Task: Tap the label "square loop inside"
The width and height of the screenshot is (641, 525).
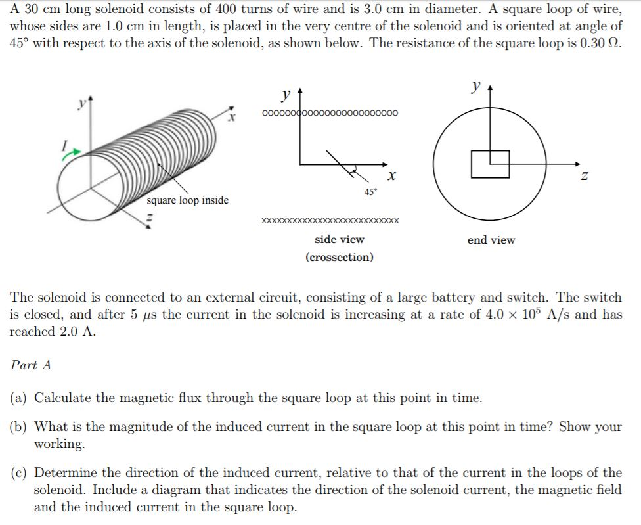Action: pos(188,200)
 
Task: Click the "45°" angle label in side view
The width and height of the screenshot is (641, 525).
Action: pos(370,193)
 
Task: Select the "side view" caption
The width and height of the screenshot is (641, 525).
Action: pos(339,240)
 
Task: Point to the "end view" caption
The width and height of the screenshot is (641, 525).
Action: pos(491,240)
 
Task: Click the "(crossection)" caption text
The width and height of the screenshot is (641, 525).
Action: pos(339,257)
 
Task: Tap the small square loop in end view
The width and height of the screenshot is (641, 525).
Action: pos(490,164)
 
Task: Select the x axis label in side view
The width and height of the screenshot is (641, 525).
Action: pos(391,176)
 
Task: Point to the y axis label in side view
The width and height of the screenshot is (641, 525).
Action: pos(286,95)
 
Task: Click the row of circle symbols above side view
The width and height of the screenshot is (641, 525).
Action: pos(330,113)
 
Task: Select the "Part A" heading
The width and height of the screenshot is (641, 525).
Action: pos(31,365)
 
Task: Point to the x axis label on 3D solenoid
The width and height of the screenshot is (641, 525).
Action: pos(231,119)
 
